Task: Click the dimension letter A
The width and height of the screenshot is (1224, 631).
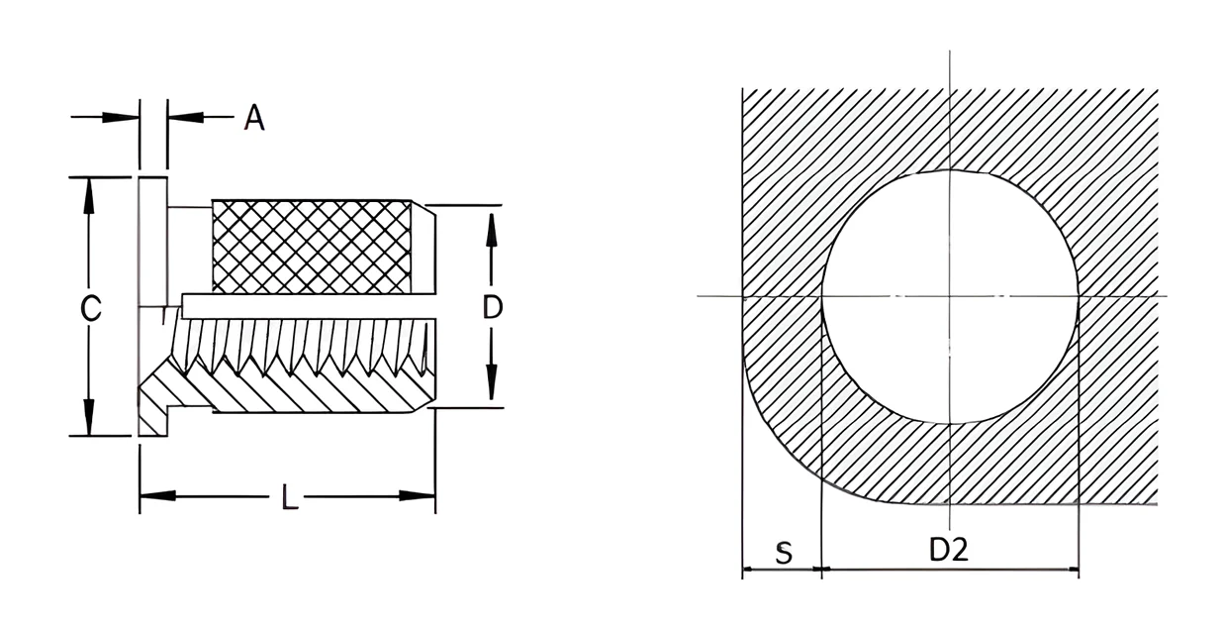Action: pos(254,118)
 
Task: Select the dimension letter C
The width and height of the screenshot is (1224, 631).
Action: pos(91,308)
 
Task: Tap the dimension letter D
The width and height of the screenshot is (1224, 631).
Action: pos(493,307)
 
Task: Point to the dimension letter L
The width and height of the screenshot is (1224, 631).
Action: pos(290,497)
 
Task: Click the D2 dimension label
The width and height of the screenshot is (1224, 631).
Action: pos(949,550)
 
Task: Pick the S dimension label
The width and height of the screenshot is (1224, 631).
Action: pos(784,554)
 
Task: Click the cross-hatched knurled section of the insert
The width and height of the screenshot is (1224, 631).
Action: pos(312,247)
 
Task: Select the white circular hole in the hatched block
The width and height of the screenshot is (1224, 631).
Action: pos(950,297)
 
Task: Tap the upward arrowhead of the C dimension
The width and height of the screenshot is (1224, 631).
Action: pos(88,196)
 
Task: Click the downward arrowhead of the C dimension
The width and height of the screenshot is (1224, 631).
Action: pos(88,418)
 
